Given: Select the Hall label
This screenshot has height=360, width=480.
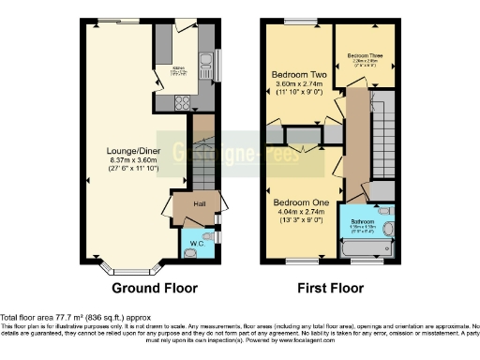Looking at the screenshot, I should click(200, 204).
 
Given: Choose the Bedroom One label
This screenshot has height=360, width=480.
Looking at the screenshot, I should click(297, 202).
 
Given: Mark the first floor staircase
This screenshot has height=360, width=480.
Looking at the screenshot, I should click(383, 141).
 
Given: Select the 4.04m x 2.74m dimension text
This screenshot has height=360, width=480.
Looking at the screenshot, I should click(297, 214).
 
